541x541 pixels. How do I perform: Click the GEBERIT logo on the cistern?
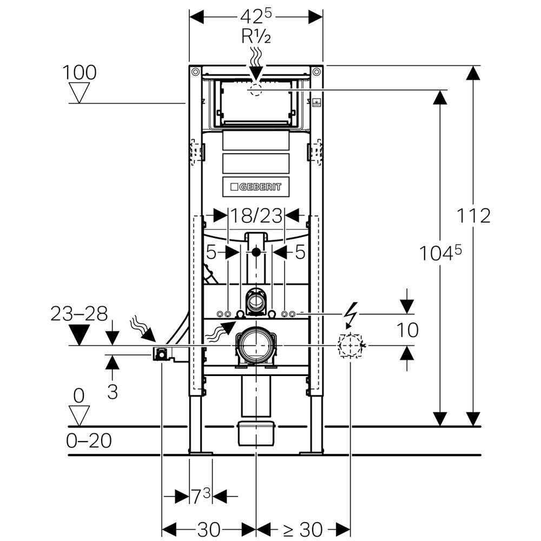coord(256,187)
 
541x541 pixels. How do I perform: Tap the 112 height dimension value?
coord(473,216)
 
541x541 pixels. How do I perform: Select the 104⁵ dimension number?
coord(441,253)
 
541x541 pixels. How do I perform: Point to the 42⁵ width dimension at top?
coord(256,17)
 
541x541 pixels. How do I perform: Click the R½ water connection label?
coord(256,37)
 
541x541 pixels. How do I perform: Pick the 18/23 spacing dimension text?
coord(256,216)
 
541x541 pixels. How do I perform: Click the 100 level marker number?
coord(79,72)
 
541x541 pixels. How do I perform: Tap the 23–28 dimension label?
coord(79,314)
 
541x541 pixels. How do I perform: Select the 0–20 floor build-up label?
coord(89,441)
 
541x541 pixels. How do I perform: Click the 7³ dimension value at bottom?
coord(200,496)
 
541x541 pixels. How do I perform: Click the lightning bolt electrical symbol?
coord(351,315)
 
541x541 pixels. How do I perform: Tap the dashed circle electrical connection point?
coord(350,345)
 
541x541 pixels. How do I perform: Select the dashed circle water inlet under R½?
coord(256,90)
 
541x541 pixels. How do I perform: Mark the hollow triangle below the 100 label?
coord(80,93)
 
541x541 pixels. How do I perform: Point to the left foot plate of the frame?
coord(200,451)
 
